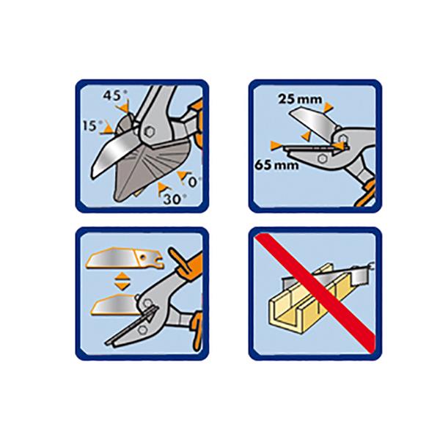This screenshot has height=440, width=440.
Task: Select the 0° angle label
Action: [x=194, y=182]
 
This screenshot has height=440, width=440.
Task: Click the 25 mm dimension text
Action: [x=300, y=99]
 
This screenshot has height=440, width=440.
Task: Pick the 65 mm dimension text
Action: [x=276, y=165]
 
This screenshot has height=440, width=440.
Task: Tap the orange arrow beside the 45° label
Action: [x=123, y=107]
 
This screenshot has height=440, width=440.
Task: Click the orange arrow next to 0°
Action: [x=183, y=176]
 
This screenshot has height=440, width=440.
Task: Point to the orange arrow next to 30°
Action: [x=161, y=188]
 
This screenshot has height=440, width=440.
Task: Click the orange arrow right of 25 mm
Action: [x=328, y=107]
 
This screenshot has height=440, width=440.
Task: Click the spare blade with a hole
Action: [x=125, y=258]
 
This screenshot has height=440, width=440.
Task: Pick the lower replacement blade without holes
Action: [x=115, y=304]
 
